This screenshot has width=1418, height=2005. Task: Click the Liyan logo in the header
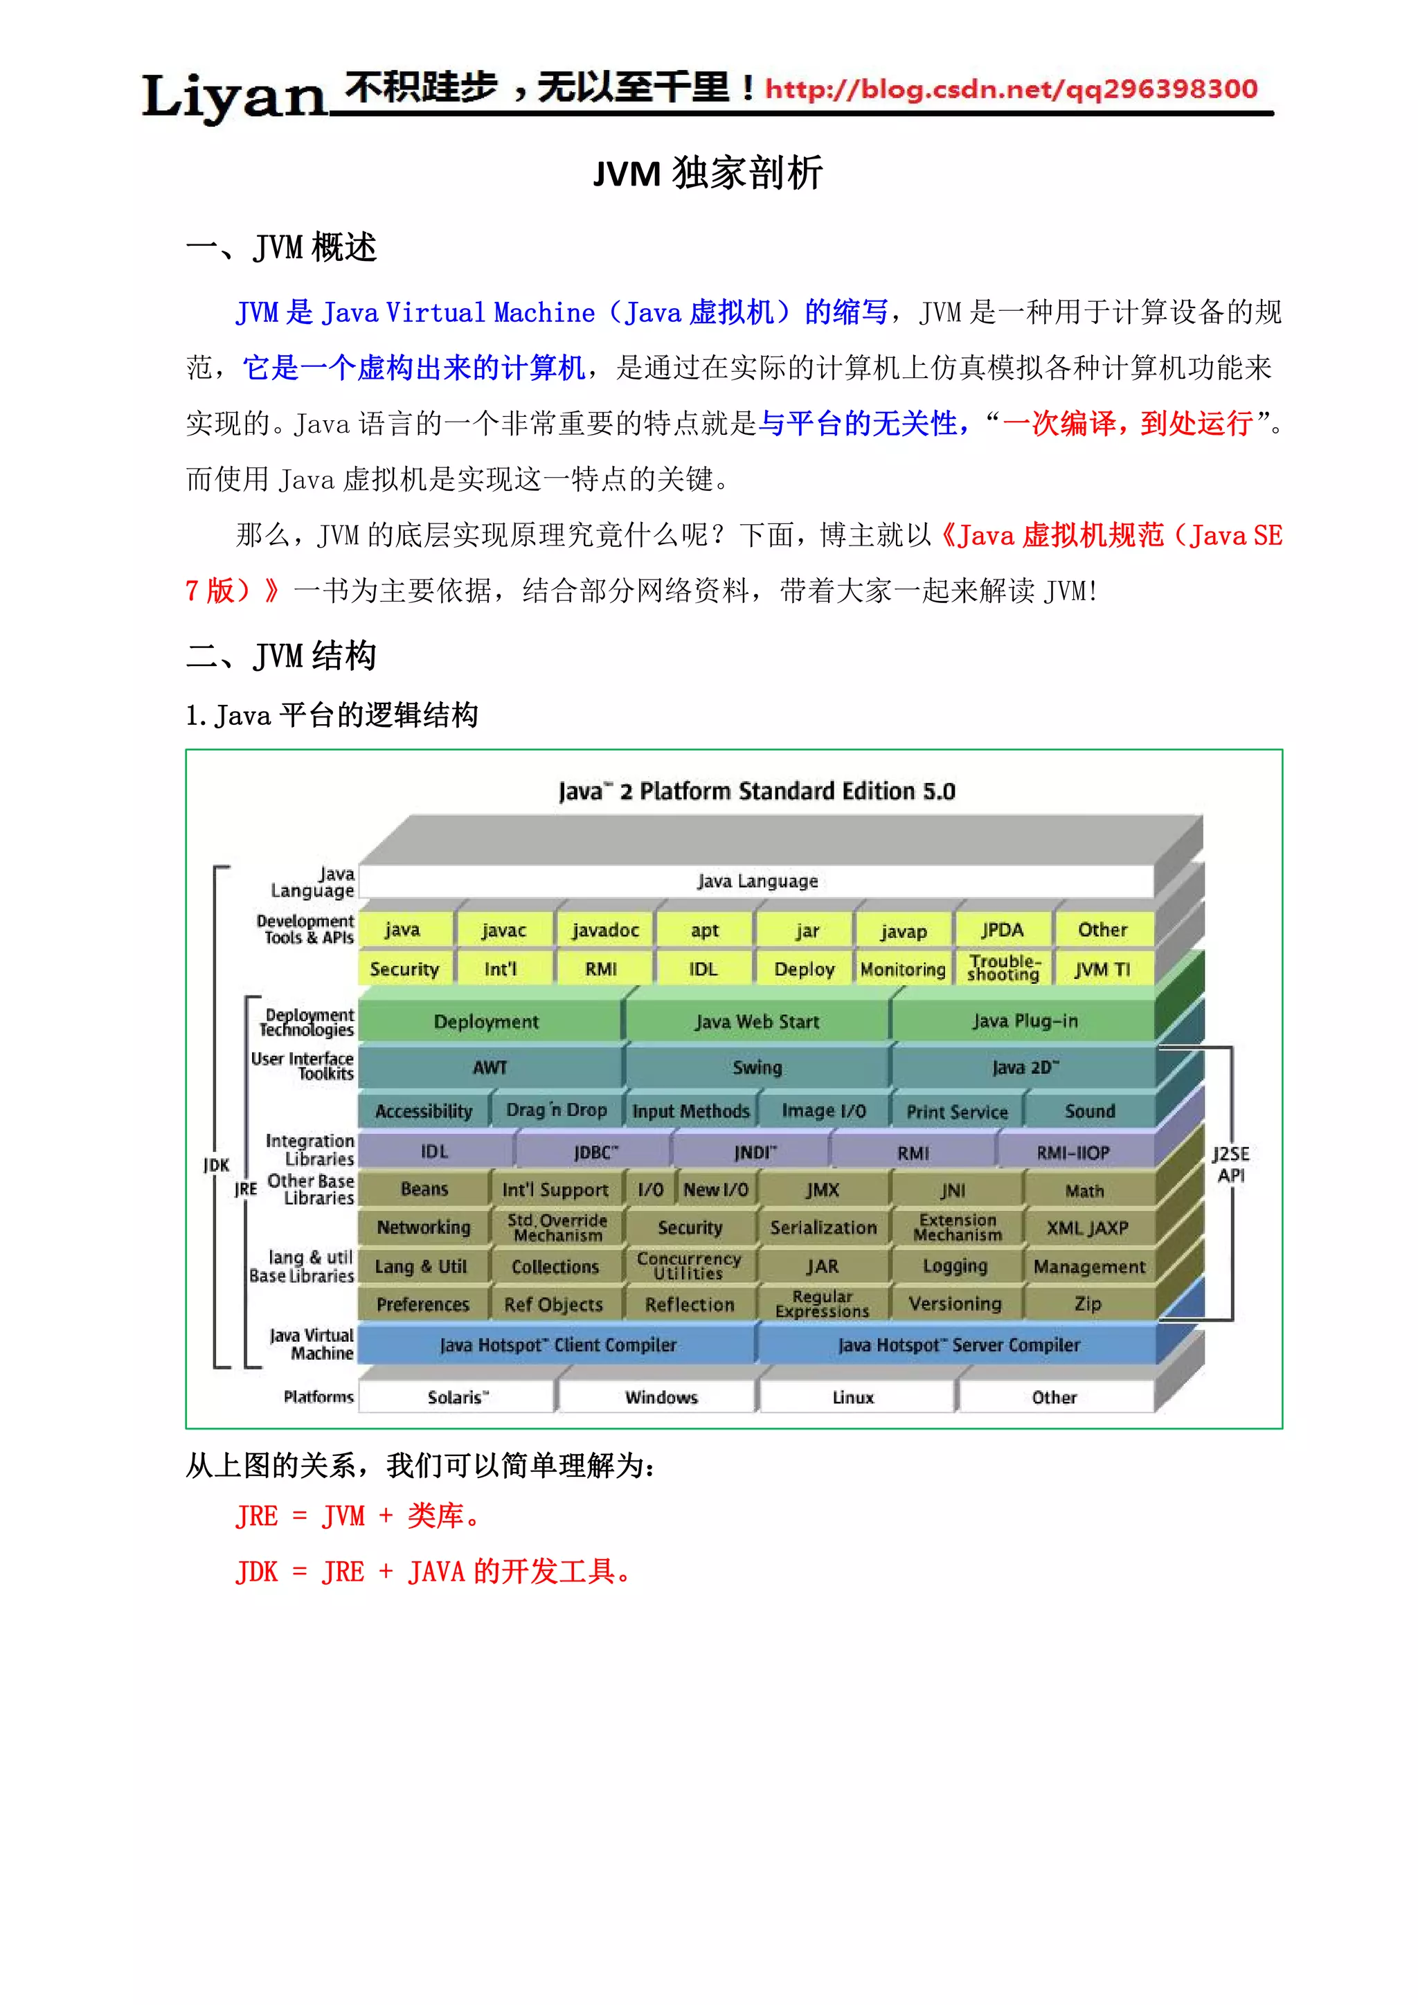tap(233, 96)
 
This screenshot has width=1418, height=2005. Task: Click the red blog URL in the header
tap(1011, 89)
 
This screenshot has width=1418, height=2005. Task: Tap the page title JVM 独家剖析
tap(707, 173)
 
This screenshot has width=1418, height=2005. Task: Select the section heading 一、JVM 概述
tap(281, 247)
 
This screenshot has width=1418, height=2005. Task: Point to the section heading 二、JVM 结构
tap(281, 655)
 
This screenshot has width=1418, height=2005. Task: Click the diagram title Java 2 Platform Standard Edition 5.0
tap(757, 791)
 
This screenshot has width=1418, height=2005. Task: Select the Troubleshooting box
tap(1003, 969)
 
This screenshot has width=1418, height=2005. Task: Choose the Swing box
tap(757, 1067)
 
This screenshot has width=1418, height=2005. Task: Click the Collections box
tap(555, 1266)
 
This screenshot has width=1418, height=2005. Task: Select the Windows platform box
tap(661, 1397)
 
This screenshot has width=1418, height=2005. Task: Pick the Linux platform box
tap(853, 1397)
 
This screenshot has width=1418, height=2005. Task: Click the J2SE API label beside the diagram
tap(1230, 1164)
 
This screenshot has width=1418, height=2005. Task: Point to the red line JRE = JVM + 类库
tap(358, 1516)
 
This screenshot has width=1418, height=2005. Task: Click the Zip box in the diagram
tap(1088, 1304)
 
